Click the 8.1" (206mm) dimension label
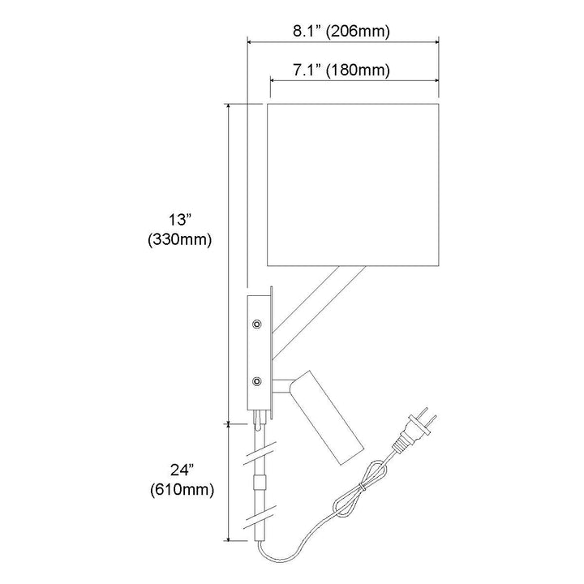[341, 32]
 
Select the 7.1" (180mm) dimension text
[341, 70]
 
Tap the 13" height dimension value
[180, 220]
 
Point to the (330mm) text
[180, 239]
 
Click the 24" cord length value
[182, 470]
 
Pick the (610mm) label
[182, 490]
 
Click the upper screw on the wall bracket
[256, 324]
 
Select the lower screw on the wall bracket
[256, 381]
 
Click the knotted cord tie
[362, 487]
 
